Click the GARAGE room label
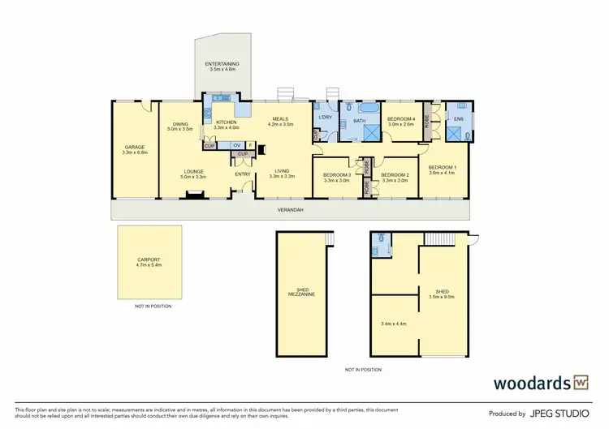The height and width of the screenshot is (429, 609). click(x=134, y=148)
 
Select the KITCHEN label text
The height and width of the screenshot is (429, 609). click(x=226, y=122)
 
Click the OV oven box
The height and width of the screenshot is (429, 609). click(x=236, y=146)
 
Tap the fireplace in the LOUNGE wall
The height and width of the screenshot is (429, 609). click(x=193, y=193)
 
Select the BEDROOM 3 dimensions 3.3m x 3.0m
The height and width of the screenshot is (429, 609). click(x=336, y=181)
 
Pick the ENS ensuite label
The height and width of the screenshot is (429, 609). click(x=458, y=119)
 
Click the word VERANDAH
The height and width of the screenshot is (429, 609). click(x=288, y=210)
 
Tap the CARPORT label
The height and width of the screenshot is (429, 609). click(x=149, y=260)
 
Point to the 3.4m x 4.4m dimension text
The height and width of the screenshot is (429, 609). click(x=393, y=324)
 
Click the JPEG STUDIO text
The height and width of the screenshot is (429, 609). click(x=559, y=413)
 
